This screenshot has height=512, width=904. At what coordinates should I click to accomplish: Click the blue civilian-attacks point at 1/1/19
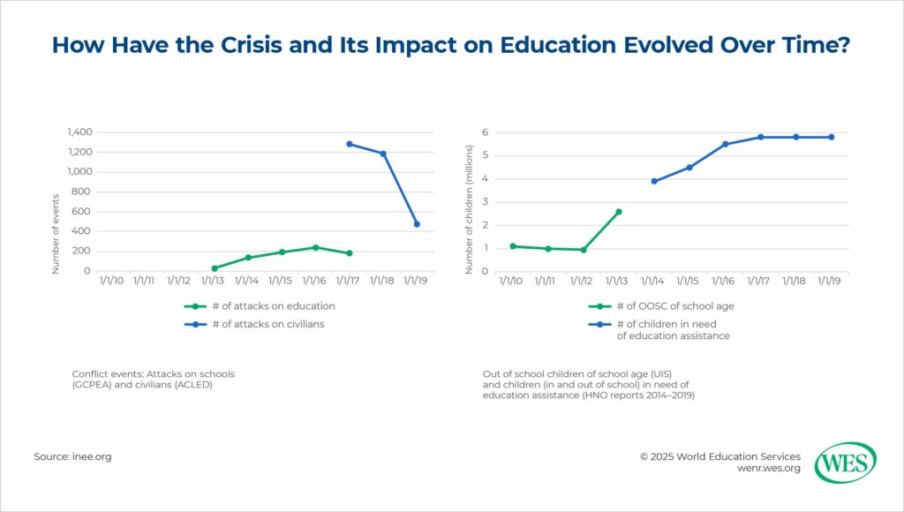pos(417,224)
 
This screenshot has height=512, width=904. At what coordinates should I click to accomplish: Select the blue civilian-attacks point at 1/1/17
pos(350,144)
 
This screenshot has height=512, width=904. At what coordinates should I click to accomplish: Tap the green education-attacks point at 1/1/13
pos(215,268)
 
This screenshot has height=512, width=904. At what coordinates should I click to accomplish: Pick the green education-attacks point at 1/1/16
pos(316,247)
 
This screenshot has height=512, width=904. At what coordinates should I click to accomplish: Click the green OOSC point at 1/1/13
pos(619,212)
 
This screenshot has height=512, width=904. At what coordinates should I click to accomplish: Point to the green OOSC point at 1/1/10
pos(513,246)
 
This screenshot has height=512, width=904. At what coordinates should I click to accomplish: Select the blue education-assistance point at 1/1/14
pos(654,181)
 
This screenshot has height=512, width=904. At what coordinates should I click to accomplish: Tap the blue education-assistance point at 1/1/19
pos(832,137)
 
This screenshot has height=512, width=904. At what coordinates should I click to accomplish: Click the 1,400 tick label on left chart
pos(79,132)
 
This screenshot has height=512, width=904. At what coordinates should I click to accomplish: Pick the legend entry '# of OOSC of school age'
pos(668,306)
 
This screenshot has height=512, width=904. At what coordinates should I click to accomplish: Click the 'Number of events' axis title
pos(56,233)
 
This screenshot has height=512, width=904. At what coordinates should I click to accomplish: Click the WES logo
pos(845,463)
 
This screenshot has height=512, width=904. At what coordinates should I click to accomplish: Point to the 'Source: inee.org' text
pos(72,456)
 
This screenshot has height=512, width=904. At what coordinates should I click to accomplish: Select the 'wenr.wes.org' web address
pos(768,470)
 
